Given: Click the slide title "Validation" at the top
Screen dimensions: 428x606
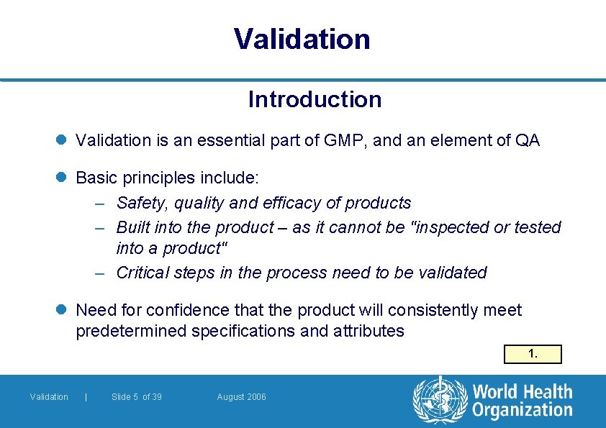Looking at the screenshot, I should coord(302,39).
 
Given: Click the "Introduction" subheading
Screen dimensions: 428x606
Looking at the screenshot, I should coord(315,99).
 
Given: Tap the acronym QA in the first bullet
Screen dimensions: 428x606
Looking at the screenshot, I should coord(527,140).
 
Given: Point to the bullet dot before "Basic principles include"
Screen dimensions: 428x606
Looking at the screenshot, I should coord(65,177).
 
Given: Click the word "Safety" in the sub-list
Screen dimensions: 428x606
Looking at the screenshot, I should coord(141,203).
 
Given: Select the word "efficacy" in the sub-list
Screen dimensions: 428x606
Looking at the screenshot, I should coord(302,203).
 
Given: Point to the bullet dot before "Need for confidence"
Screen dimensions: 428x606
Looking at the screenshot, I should coord(65,311).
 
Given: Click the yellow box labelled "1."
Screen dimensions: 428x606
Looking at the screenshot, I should coord(533,354).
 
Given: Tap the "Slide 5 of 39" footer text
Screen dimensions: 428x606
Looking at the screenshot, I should coord(137,397).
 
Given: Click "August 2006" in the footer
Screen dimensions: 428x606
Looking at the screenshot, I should coord(241,397).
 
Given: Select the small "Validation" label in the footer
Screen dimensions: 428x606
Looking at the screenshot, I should coord(49,397).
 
